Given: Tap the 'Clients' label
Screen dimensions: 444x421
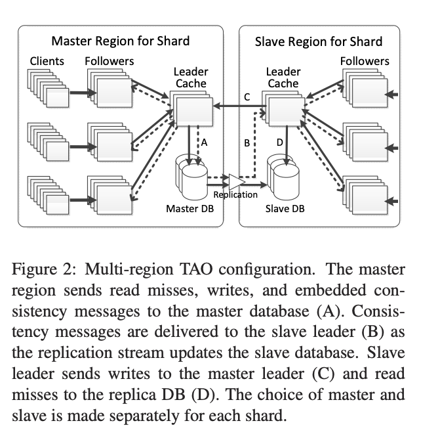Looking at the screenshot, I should pos(47,61).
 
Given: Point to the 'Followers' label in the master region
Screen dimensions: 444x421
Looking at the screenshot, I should pos(109,61).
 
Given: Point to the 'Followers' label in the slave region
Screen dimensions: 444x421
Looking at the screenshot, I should pos(365,61).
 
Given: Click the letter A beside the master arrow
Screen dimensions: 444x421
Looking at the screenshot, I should pos(204,141).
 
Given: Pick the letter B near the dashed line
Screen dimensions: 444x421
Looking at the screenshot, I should pos(247,142).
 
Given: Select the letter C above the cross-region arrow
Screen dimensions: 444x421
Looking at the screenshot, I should pos(247,97).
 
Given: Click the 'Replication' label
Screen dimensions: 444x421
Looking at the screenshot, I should pos(235,194).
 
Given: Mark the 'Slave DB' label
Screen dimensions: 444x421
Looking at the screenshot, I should pos(285,209).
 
